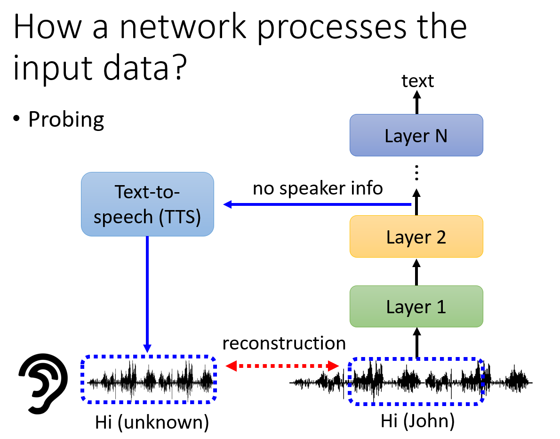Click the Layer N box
pos(416,135)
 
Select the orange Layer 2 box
pos(416,236)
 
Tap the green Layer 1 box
pos(416,306)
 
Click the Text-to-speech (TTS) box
pos(147,204)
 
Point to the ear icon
pos(43,383)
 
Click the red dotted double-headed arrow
pos(282,366)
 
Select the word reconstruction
pos(284,343)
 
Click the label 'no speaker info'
pos(318,188)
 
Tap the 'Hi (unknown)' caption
pos(152,422)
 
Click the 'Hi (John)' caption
pos(417,421)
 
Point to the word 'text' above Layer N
pos(417,81)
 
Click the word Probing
pos(66,119)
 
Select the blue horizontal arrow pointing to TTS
pos(317,204)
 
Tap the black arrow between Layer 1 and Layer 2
pos(416,272)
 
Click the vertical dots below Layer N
pos(416,173)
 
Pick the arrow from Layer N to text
pos(416,102)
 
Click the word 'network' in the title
pos(183,26)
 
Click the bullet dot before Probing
pos(16,118)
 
